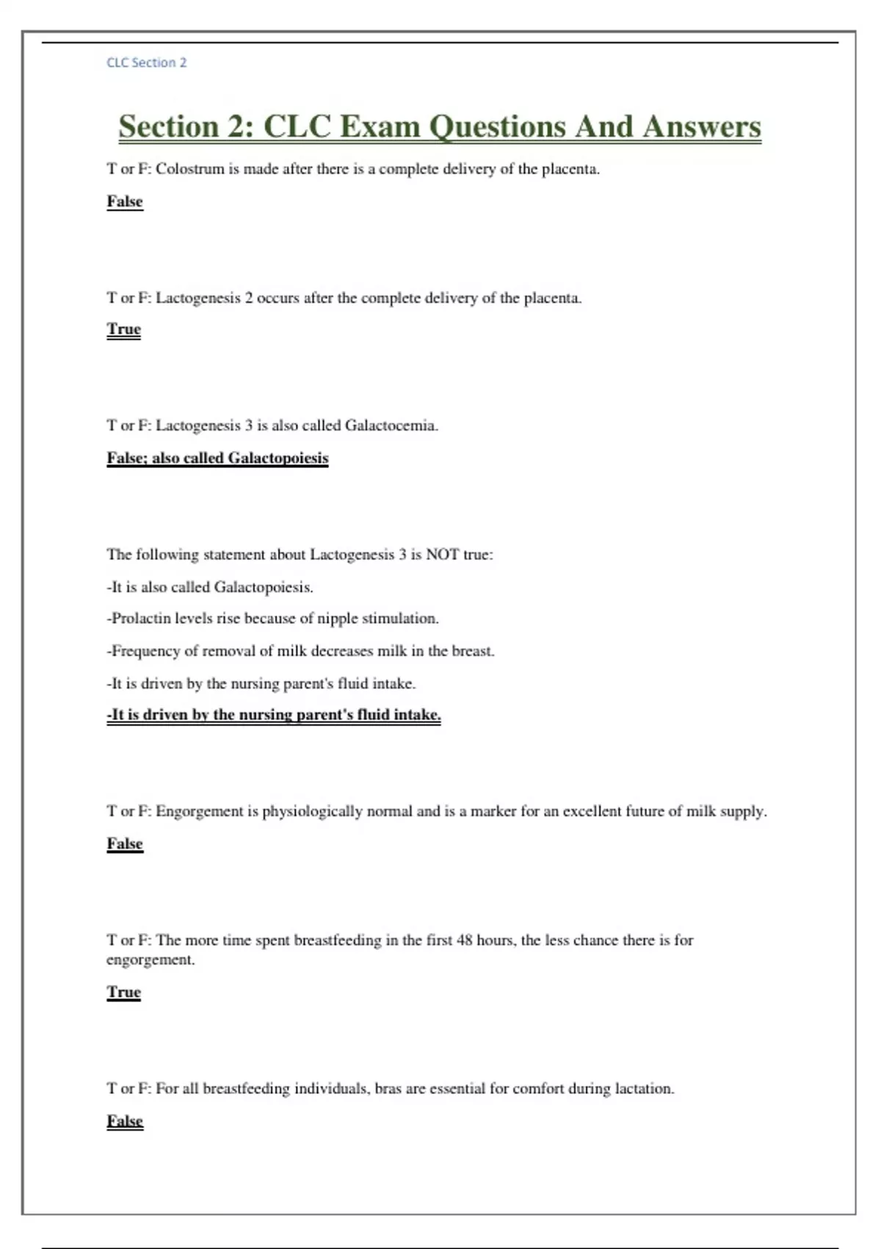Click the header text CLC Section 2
click(x=147, y=62)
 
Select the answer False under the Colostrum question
click(x=125, y=201)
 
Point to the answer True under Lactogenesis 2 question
click(x=123, y=329)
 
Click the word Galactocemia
click(x=391, y=425)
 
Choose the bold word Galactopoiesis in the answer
click(x=278, y=458)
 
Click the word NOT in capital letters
click(x=443, y=555)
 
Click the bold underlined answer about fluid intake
click(x=274, y=715)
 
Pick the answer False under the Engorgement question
click(x=125, y=843)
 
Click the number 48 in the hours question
click(x=464, y=940)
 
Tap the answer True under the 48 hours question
click(x=123, y=992)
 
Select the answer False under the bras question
click(x=125, y=1121)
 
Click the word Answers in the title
click(x=702, y=126)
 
